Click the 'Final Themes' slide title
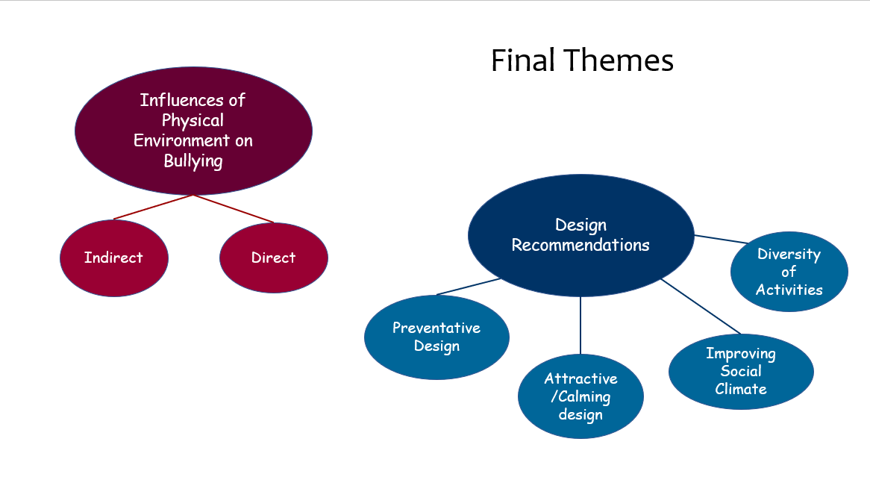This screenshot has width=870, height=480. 582,60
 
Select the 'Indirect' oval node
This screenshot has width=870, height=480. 113,258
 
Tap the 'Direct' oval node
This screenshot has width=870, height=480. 273,258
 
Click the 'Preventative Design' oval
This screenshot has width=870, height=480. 436,337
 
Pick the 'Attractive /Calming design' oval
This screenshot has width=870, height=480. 580,396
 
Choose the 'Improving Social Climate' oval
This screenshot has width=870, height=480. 741,371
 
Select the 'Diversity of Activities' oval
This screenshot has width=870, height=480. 789,272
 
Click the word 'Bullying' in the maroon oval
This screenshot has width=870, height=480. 193,160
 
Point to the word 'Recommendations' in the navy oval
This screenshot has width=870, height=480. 580,245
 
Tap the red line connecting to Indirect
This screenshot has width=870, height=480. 153,208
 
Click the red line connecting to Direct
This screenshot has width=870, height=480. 234,209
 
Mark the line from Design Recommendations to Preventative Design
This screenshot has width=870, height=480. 469,287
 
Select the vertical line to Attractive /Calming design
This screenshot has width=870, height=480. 580,325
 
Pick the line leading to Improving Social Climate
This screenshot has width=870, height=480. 701,306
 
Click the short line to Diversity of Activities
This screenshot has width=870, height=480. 721,239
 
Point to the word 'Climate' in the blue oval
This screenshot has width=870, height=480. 741,389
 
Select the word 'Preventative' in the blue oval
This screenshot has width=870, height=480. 436,328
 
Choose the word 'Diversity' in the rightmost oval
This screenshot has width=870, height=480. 789,254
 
